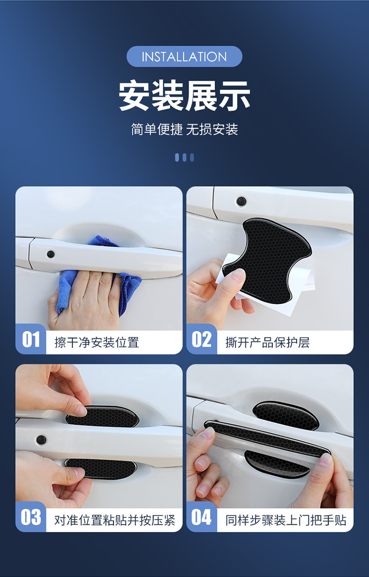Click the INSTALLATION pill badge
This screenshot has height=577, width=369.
pos(184,57)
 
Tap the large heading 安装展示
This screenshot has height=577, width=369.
pos(184,96)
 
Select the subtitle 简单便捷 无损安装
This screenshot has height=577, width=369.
pos(184,130)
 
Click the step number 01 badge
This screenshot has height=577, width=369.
pos(31,339)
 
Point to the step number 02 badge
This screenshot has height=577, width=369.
pos(201,339)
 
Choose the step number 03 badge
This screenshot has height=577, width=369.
pos(31,517)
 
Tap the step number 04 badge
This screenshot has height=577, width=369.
pos(201,517)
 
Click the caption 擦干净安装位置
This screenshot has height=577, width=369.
pos(96,343)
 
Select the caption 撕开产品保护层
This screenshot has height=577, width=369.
pos(267,343)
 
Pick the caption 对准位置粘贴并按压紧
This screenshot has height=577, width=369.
pos(115,520)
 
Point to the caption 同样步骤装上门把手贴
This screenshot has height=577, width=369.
pos(286,520)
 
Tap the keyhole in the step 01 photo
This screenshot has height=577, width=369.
pos(51,254)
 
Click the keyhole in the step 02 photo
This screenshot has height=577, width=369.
pos(241,201)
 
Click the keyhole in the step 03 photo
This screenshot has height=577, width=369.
pos(41,439)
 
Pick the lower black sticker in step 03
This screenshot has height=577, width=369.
pos(101,469)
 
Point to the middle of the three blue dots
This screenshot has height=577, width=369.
pos(184,157)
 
